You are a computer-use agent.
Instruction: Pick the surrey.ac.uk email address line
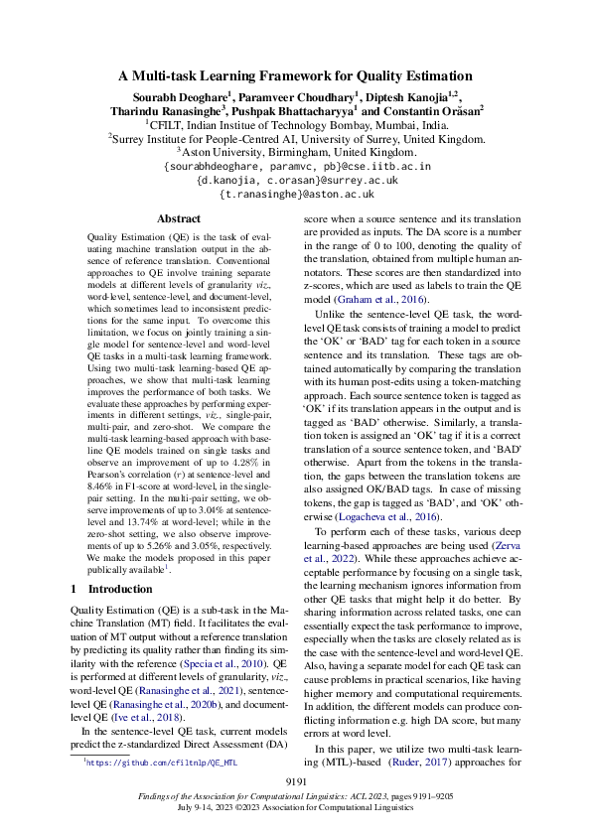pos(295,181)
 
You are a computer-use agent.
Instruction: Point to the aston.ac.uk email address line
pos(295,195)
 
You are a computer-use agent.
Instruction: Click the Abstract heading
pos(179,218)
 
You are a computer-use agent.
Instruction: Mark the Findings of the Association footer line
pos(295,798)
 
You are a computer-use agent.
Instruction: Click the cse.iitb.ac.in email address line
pos(295,167)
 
